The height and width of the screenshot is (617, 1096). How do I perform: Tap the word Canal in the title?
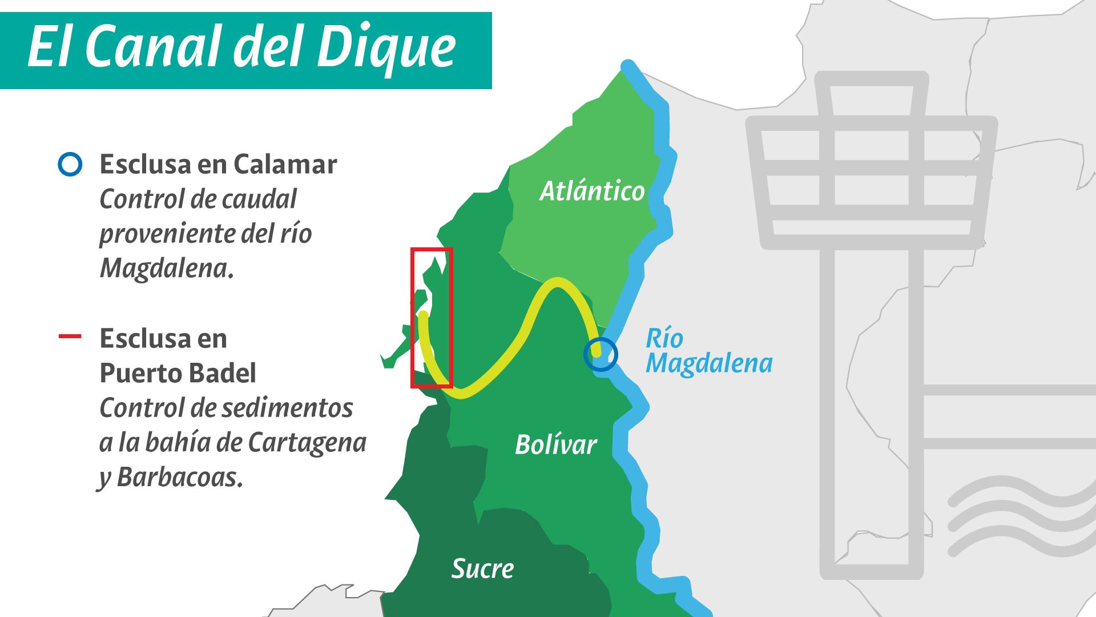[155, 47]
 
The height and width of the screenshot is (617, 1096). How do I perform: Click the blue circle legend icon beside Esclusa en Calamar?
[70, 165]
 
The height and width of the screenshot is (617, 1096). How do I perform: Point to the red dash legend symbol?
[70, 336]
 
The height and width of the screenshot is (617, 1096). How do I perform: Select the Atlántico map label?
[592, 191]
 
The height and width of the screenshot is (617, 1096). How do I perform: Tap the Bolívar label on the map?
[555, 444]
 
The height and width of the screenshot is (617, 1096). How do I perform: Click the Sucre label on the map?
[482, 568]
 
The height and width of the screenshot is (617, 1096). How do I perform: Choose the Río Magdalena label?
[708, 351]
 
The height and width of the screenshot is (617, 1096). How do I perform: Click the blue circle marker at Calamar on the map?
[601, 354]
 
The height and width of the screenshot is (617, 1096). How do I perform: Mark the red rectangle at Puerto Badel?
[432, 318]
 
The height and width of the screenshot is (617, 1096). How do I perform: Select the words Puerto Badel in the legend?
[178, 373]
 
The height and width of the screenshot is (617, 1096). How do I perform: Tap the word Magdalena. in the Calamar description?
[167, 269]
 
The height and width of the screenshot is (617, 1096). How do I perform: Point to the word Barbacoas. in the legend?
[180, 478]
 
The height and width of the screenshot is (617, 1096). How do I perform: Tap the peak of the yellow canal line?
[557, 283]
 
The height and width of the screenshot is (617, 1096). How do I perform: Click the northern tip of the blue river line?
[628, 66]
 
